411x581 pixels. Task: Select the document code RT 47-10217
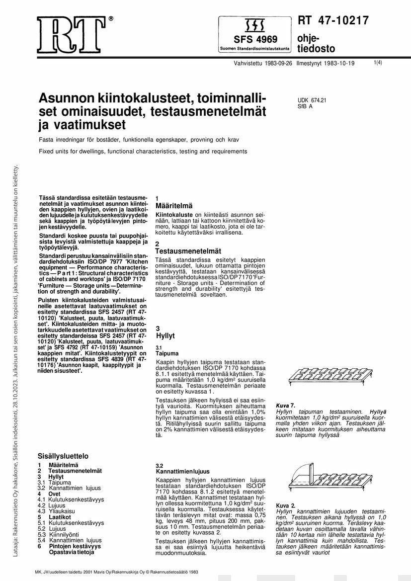point(333,21)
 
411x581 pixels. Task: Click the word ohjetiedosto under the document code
point(309,44)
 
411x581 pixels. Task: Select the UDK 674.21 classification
point(312,100)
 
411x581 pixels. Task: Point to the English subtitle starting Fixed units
point(143,151)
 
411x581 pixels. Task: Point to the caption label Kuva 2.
point(286,505)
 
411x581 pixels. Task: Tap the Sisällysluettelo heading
point(63,455)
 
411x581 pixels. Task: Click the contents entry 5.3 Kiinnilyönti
point(59,534)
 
